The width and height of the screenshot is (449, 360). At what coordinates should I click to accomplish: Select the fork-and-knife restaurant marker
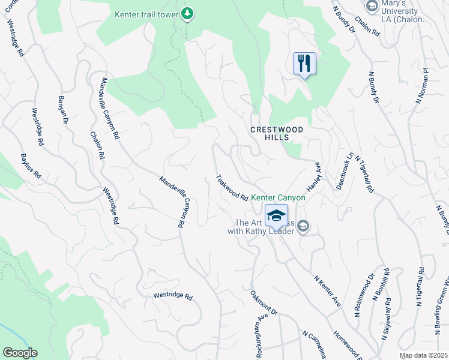(304, 63)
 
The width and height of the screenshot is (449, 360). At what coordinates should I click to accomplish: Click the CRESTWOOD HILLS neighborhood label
(277, 133)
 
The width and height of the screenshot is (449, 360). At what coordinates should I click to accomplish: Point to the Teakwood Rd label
(232, 188)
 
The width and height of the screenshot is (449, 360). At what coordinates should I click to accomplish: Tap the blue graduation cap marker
(276, 215)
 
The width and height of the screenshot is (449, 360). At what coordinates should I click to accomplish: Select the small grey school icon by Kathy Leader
(303, 226)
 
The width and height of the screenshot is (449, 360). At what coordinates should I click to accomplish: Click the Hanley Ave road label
(319, 178)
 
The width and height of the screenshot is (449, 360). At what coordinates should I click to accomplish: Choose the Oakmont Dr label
(265, 304)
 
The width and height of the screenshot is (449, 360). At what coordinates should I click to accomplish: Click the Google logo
(19, 353)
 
